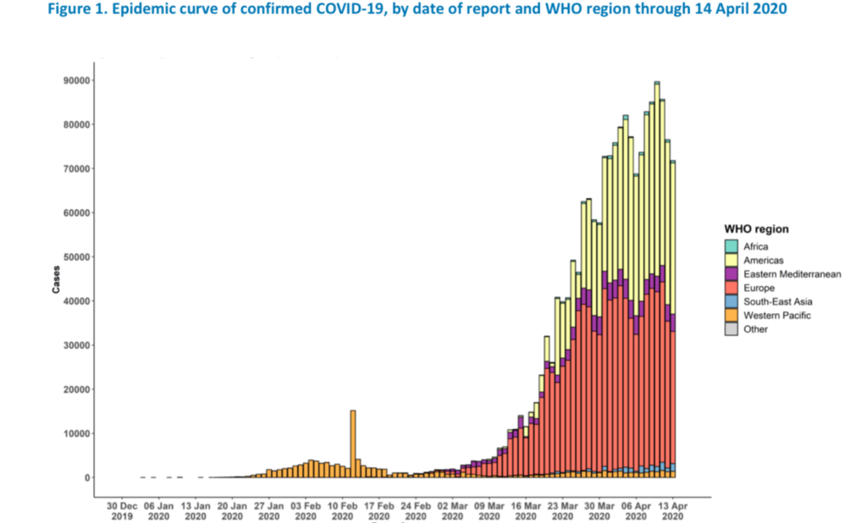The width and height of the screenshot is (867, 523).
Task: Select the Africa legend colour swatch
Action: pyautogui.click(x=731, y=246)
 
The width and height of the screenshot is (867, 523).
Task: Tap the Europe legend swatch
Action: pyautogui.click(x=731, y=288)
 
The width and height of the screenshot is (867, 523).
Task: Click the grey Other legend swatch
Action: pyautogui.click(x=731, y=329)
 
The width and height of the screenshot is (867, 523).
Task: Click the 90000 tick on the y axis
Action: pyautogui.click(x=75, y=80)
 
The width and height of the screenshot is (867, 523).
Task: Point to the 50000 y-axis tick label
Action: pyautogui.click(x=75, y=256)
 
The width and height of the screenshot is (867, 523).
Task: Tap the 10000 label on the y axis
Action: pyautogui.click(x=75, y=433)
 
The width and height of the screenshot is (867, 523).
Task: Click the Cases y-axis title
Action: pyautogui.click(x=56, y=282)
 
